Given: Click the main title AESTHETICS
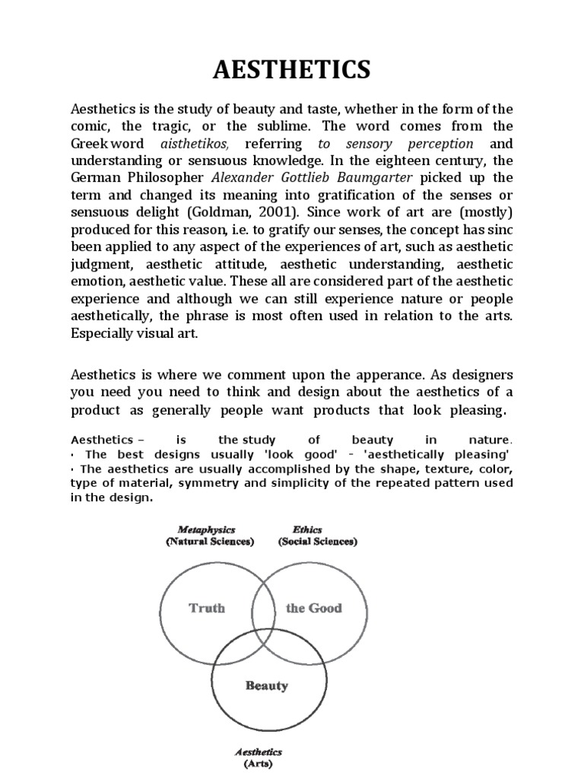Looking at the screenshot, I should (x=291, y=70).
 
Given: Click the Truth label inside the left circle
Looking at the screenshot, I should (x=206, y=608).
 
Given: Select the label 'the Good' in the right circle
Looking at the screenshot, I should (x=313, y=608).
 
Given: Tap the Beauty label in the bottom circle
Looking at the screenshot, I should (x=266, y=685).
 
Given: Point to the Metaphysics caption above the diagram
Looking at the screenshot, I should (x=206, y=529).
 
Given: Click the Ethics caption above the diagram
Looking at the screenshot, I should (x=307, y=529).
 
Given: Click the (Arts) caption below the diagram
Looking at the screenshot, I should (x=259, y=763).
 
